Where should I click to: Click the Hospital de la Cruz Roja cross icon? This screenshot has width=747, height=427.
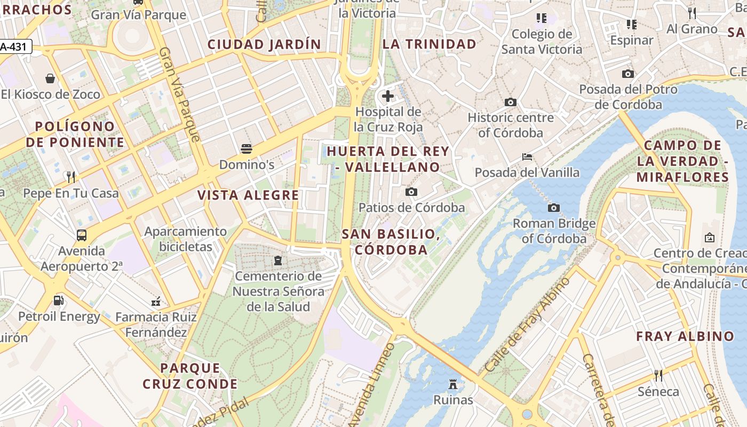tap(388, 97)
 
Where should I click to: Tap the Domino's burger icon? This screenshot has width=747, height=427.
tap(247, 148)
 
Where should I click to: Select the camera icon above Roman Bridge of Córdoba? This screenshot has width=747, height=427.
tap(554, 207)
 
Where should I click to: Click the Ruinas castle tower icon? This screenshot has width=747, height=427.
tap(453, 384)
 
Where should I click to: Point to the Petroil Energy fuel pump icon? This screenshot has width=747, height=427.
tap(59, 301)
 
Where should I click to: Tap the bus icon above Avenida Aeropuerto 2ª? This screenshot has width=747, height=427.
tap(82, 235)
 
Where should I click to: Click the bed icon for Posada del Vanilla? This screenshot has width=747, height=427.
tap(527, 157)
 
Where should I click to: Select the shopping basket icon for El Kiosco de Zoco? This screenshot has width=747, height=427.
tap(50, 79)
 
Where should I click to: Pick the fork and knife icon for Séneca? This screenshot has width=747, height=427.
tap(658, 376)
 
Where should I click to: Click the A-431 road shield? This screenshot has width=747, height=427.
tap(15, 47)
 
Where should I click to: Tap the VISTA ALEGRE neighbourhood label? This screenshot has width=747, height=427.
tap(248, 195)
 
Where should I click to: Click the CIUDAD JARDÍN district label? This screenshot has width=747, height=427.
tap(264, 44)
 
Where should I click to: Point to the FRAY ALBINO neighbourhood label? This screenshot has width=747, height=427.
tap(685, 336)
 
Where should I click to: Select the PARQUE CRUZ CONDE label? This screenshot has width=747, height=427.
tap(190, 376)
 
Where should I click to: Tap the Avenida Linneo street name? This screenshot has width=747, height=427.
tap(372, 384)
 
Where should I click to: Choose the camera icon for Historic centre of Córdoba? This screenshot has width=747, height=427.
tap(511, 102)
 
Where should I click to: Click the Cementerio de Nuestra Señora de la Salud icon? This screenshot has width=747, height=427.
tap(277, 260)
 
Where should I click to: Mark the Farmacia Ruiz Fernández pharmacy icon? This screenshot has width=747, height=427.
tap(156, 302)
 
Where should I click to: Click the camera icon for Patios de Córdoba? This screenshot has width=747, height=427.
tap(411, 192)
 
